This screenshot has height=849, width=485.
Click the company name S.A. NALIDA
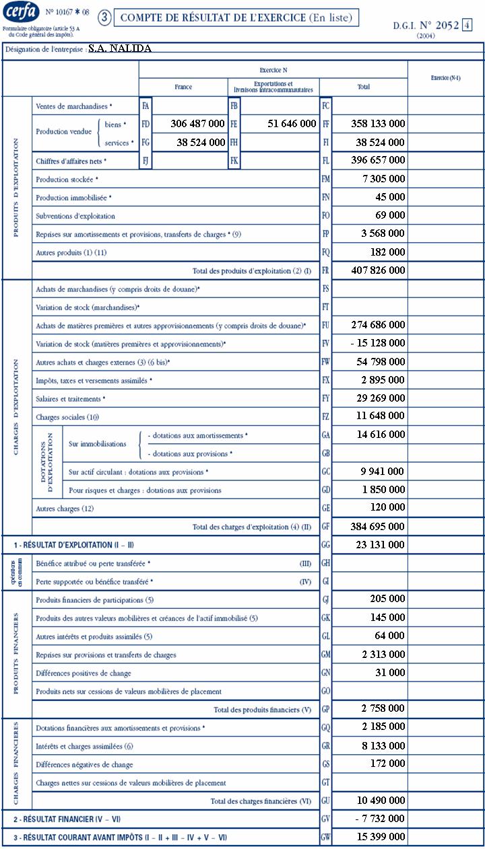coord(120,48)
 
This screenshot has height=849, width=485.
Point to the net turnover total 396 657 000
coord(378,160)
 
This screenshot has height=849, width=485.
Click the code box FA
coord(145,106)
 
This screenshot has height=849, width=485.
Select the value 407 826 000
coord(378,270)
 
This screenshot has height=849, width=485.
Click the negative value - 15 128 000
coord(379,343)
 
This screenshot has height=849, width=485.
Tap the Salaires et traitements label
coord(69,399)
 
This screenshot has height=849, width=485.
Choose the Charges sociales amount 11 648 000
coord(378,416)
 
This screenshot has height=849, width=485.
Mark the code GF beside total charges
coord(326,527)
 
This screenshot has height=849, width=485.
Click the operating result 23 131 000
coord(378,544)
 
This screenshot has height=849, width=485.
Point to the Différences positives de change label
coord(83,673)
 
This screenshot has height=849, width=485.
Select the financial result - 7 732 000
coord(379,819)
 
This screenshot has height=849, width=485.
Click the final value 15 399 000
coord(378,836)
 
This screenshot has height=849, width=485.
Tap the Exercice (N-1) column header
coord(446,78)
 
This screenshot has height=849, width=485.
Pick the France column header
coord(183,87)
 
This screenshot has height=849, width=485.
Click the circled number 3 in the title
coord(104,18)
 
